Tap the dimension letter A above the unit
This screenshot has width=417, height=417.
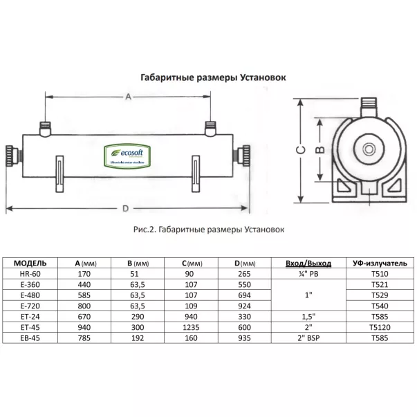tap(127, 98)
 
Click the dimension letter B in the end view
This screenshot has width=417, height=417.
tap(319, 149)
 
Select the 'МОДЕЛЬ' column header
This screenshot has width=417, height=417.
tap(30, 263)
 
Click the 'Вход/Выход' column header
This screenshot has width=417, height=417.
tap(308, 263)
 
